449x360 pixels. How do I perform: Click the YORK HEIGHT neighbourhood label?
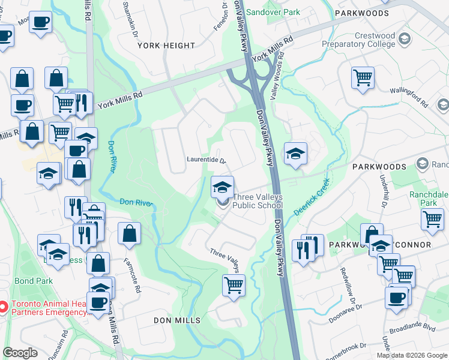tap(166, 46)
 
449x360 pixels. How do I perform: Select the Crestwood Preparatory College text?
tap(367, 40)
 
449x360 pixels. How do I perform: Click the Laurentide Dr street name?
tap(205, 161)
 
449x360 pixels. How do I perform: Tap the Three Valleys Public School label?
tap(258, 201)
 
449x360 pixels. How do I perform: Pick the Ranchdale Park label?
tap(429, 199)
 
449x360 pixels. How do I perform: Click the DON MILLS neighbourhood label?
tap(177, 320)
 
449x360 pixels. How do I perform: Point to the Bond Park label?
tap(35, 281)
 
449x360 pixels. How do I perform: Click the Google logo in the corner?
tap(20, 353)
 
